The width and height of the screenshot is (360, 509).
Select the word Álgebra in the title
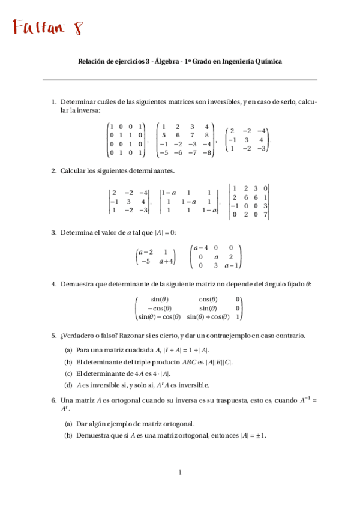click(166, 61)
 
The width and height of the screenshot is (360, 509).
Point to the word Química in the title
click(266, 61)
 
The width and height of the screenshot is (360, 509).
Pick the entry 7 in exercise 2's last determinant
click(265, 214)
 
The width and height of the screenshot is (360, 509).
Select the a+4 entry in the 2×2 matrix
click(166, 261)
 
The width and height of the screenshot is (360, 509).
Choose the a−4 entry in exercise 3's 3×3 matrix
click(200, 248)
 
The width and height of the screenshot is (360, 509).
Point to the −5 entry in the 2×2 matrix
click(146, 261)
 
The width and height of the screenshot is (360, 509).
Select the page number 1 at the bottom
click(179, 473)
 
